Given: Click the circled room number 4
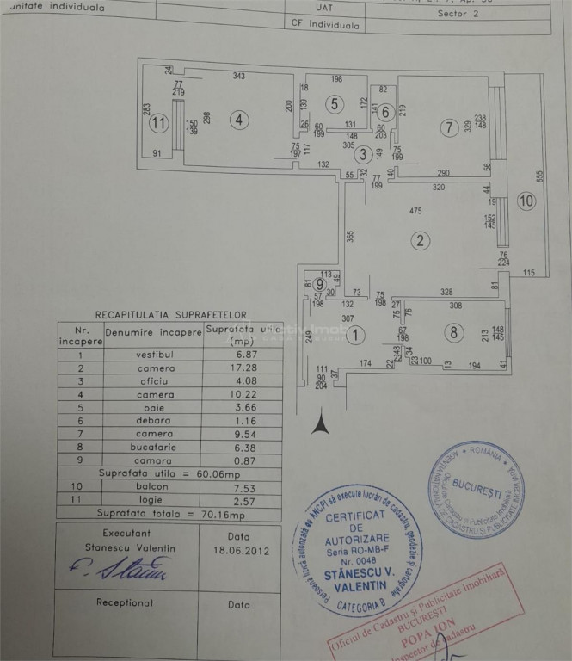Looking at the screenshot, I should [238, 120].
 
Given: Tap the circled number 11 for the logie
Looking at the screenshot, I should [157, 122].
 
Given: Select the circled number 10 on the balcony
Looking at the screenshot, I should [526, 202].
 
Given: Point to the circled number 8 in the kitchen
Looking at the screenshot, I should [452, 331].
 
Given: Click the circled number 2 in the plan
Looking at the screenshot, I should [420, 240].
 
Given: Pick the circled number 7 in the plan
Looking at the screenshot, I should [446, 127].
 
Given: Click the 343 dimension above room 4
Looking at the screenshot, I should [238, 77].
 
